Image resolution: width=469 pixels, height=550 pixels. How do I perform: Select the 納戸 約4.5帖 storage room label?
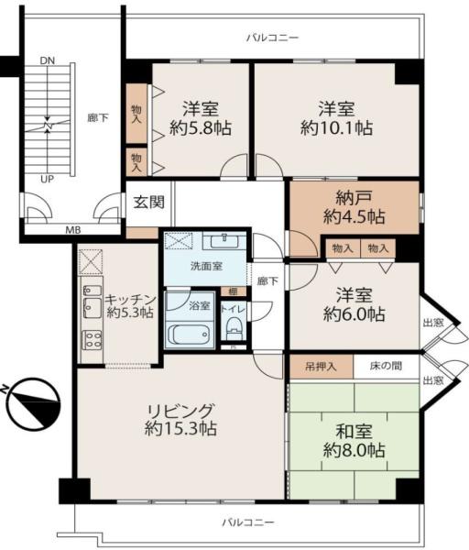tap(354, 208)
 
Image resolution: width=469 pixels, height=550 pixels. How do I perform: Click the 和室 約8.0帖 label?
tap(354, 440)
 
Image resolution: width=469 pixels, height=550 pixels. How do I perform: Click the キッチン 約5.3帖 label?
tap(129, 305)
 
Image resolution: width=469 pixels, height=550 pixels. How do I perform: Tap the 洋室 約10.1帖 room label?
tap(336, 117)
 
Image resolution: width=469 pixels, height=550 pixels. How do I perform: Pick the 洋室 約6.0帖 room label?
tap(354, 305)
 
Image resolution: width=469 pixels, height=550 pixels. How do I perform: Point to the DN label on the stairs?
tap(47, 61)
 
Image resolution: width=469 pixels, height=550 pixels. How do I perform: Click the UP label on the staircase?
tap(45, 179)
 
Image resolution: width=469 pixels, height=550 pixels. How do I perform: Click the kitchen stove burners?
tap(92, 338)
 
